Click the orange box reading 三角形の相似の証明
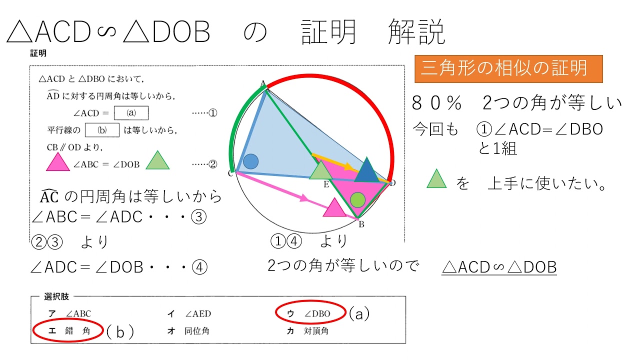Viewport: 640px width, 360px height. [x=508, y=68]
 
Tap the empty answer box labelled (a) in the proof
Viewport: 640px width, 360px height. [x=131, y=113]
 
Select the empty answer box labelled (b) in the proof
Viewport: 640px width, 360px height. [x=102, y=130]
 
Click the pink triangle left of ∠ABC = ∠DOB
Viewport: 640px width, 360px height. [x=57, y=163]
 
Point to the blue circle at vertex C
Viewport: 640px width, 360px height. [x=250, y=161]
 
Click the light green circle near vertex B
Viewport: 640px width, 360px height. [x=357, y=200]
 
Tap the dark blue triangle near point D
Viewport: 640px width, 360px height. [x=367, y=171]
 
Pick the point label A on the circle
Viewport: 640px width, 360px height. [x=262, y=83]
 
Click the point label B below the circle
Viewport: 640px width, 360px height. [x=361, y=224]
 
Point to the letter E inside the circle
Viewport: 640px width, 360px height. [x=326, y=184]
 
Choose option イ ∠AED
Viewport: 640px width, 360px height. [x=189, y=314]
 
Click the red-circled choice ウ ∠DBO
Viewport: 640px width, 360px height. [x=310, y=313]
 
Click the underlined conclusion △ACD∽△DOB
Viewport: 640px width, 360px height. [x=499, y=267]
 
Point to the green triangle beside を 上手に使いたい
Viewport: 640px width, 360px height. [x=436, y=179]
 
